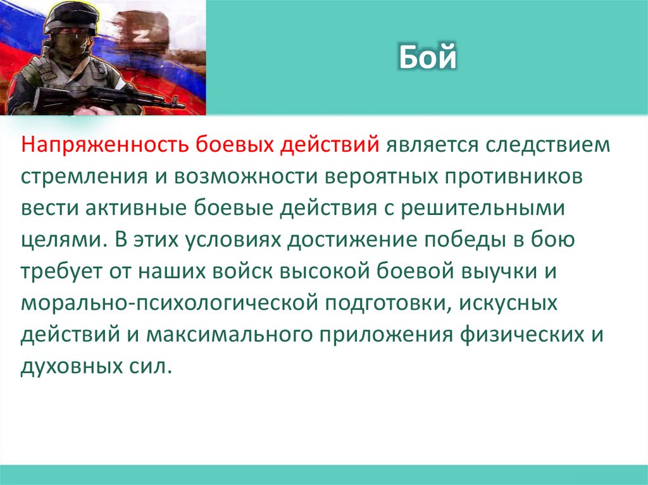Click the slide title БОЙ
pyautogui.click(x=428, y=58)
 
